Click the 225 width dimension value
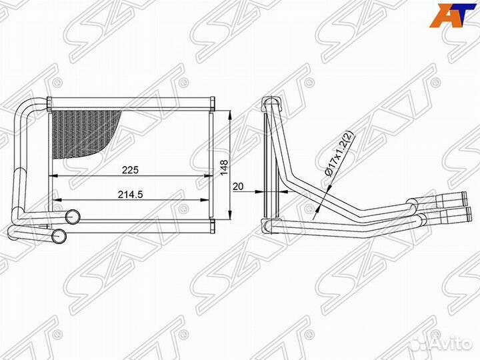point(130,170)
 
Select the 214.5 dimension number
point(131,194)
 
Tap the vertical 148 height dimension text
point(224,166)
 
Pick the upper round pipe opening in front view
point(73,216)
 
